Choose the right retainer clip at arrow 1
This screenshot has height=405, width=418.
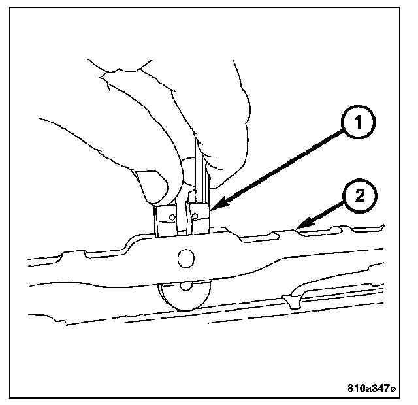[199, 217]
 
